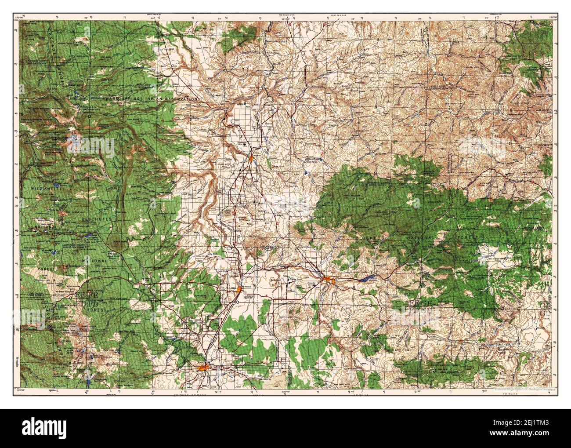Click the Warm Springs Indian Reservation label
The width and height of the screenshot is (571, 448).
click(x=152, y=100)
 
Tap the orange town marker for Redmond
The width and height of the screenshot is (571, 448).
click(x=239, y=289)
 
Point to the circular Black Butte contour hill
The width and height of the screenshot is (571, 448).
click(x=116, y=243)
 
